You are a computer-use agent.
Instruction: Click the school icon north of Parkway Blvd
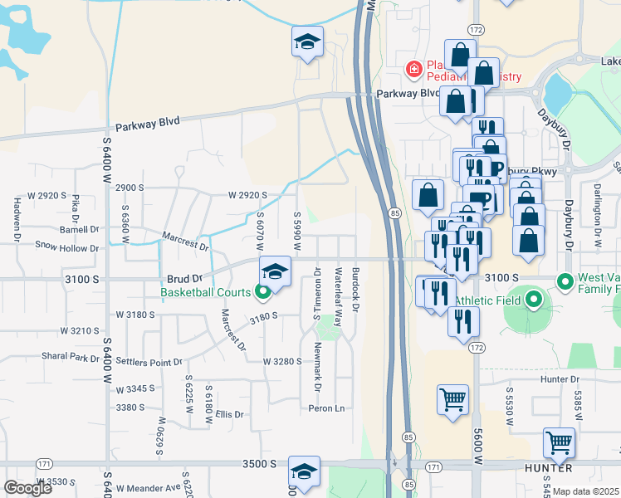click(307, 41)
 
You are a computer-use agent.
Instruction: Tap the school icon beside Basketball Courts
click(276, 271)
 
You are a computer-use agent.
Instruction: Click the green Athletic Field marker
click(533, 300)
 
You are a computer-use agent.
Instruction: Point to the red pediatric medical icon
click(413, 69)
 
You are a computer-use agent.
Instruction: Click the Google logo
click(27, 487)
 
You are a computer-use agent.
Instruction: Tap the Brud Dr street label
click(185, 280)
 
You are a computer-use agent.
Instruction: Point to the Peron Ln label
click(326, 408)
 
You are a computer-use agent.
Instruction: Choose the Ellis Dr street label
click(228, 414)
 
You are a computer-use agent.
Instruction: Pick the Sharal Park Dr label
click(70, 356)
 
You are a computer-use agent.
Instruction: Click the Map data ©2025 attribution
click(586, 491)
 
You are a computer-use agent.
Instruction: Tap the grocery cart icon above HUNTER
click(560, 443)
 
